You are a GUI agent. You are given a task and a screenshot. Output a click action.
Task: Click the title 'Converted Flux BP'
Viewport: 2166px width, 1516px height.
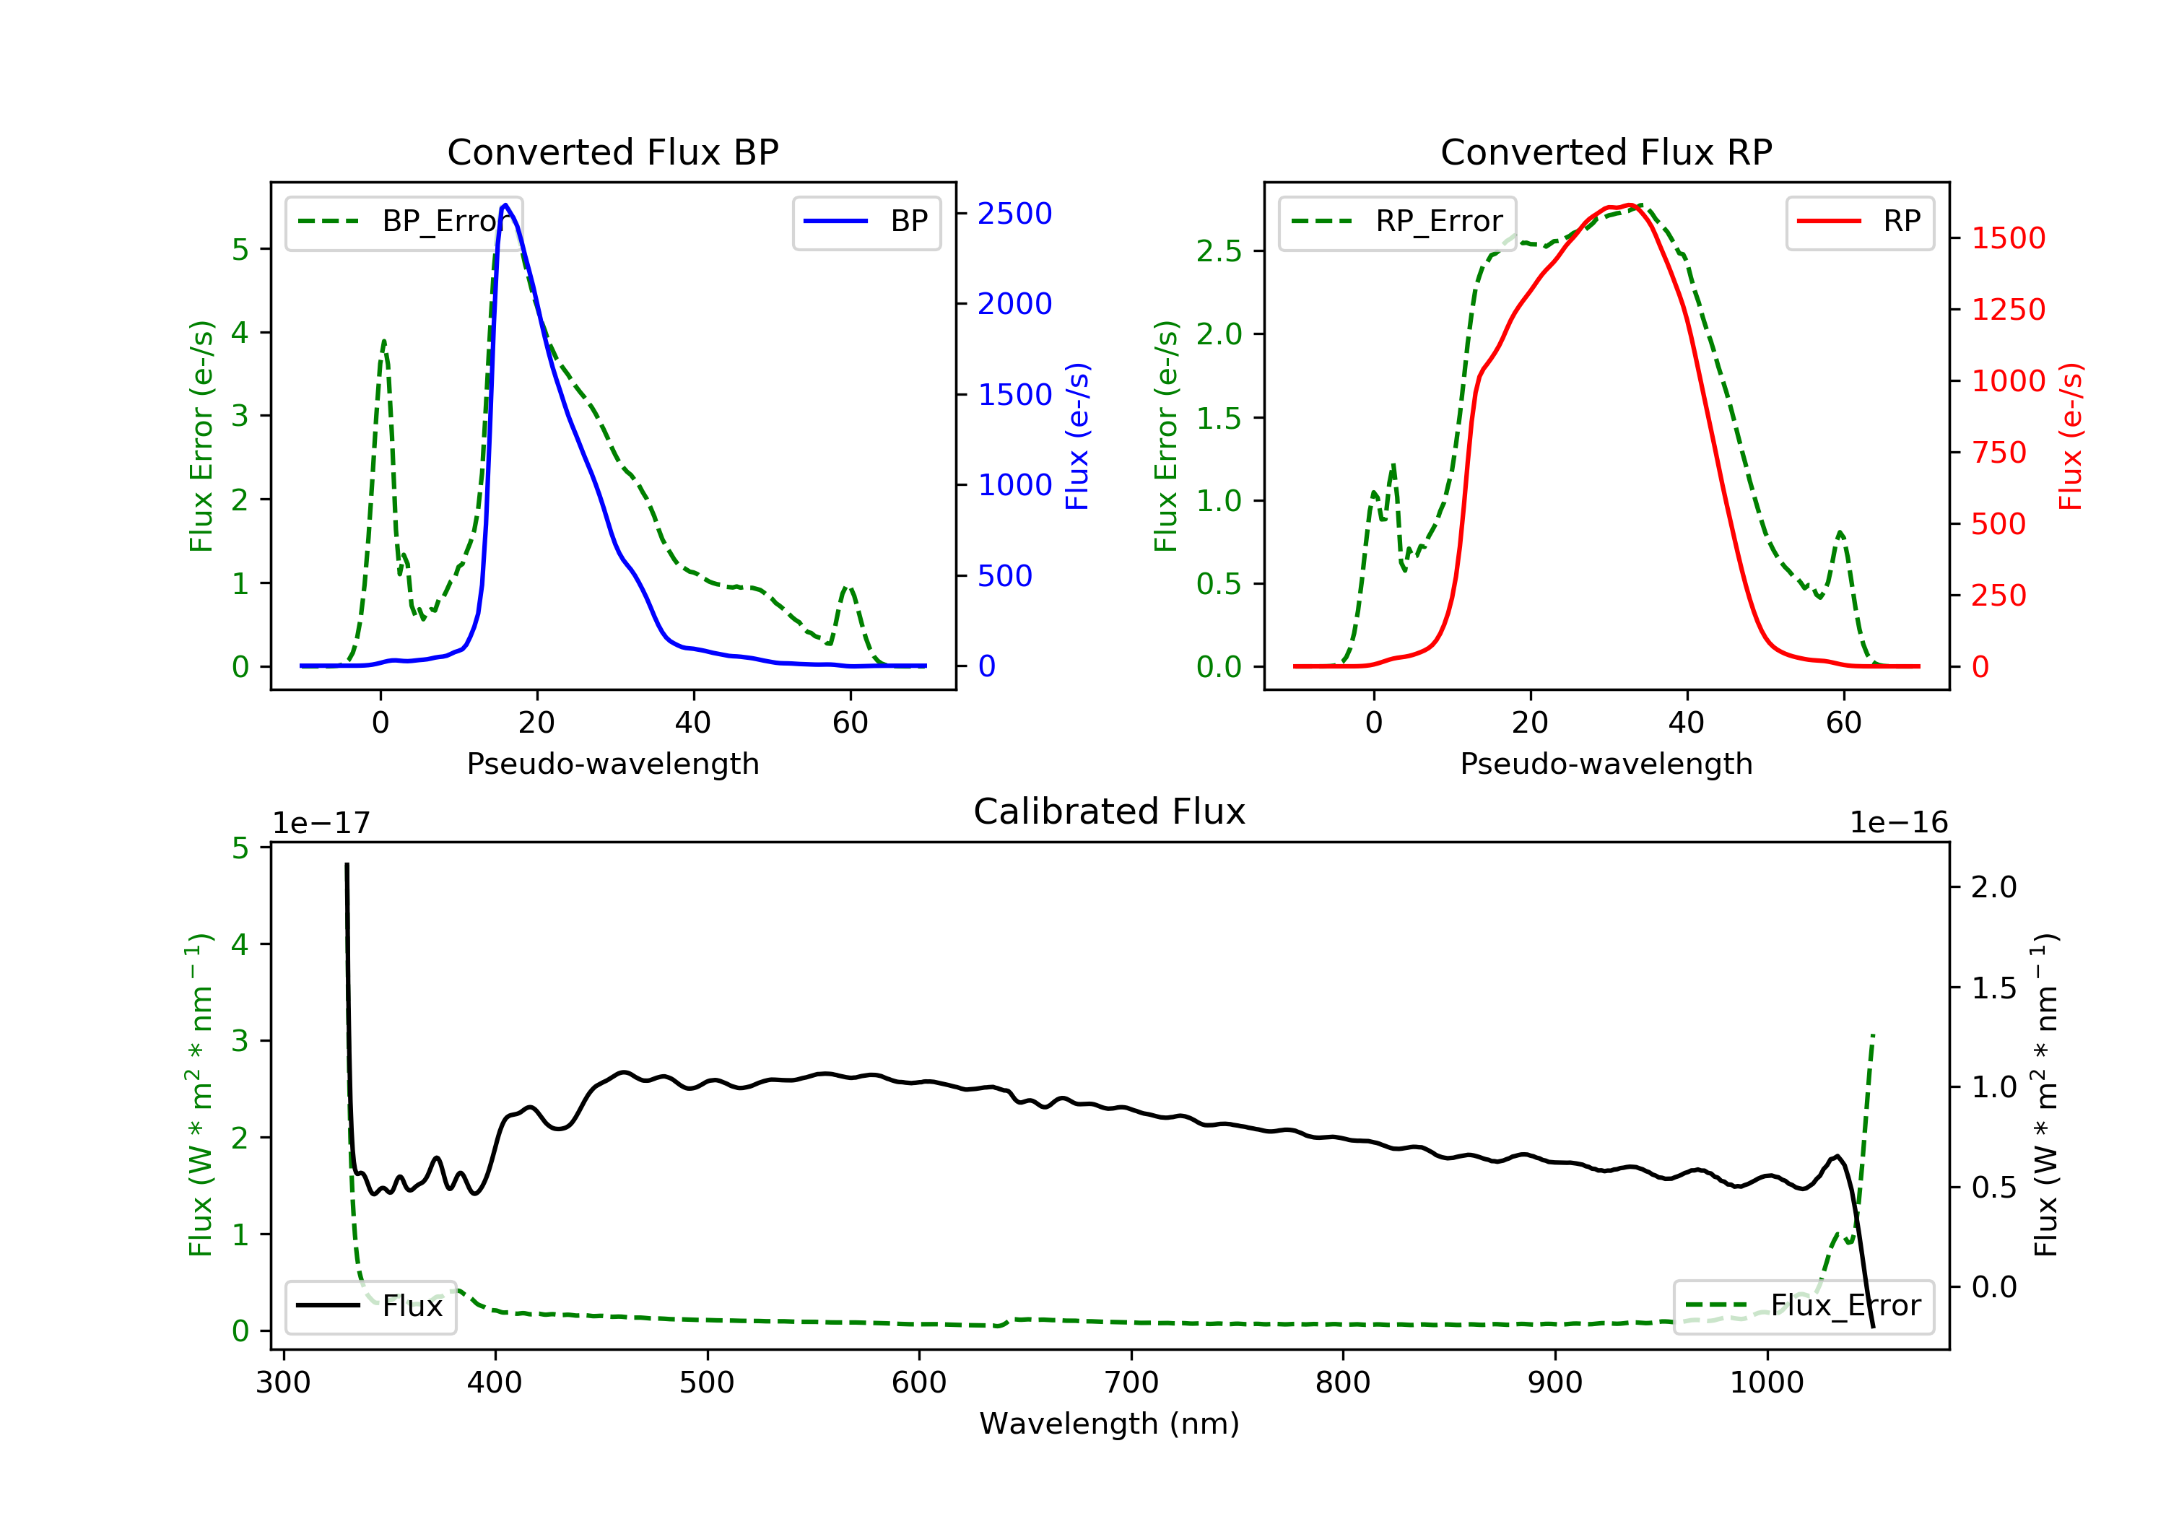pos(612,152)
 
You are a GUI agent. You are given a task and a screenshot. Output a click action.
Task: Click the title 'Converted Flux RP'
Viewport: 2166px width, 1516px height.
pos(1606,152)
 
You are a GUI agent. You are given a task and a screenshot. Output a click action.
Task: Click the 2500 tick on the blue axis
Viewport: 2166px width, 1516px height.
pos(1014,214)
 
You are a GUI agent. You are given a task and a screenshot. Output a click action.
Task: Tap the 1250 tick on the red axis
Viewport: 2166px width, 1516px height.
pos(2009,310)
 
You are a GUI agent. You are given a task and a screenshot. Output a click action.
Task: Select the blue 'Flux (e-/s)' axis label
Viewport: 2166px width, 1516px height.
pos(1077,436)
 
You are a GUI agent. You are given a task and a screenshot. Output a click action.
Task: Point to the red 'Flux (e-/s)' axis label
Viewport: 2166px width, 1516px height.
pos(2070,436)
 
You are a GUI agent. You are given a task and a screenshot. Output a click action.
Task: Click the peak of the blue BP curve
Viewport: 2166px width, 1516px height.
pos(505,205)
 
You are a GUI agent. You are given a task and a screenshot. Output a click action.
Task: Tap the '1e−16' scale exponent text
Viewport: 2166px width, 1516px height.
pos(1898,823)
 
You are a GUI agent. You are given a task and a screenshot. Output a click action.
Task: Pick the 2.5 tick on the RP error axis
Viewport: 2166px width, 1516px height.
pos(1219,251)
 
